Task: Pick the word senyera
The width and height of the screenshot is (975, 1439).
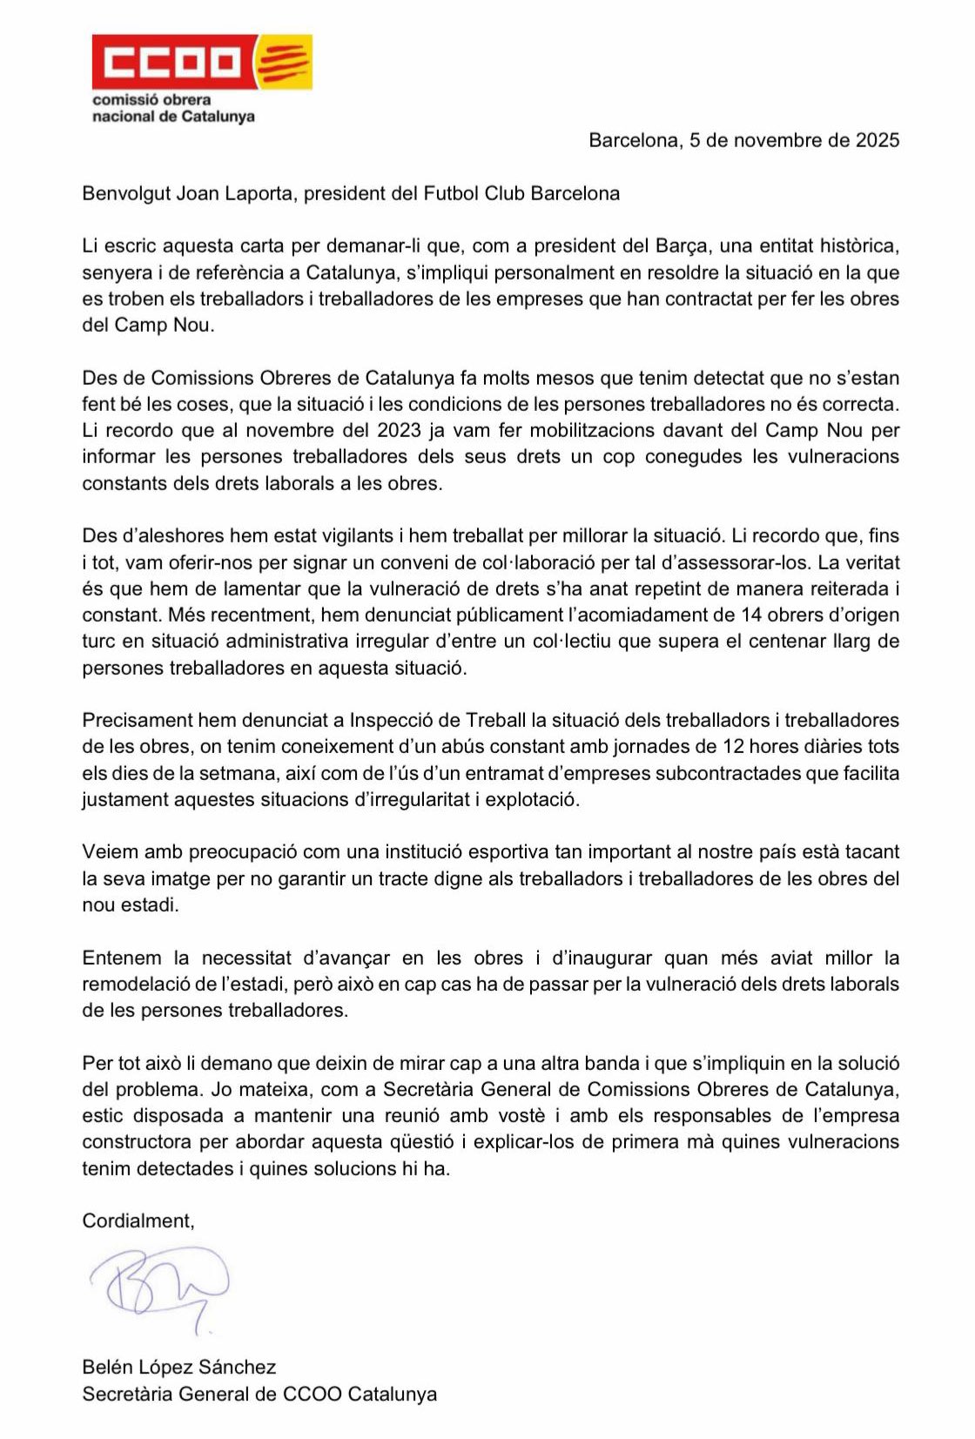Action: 117,272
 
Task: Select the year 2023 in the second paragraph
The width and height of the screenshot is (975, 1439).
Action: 400,430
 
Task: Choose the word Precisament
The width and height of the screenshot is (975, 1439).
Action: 137,720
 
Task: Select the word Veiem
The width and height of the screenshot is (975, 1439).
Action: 110,851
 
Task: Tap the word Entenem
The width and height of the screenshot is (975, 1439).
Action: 122,958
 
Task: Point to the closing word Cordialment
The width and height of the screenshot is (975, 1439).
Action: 138,1220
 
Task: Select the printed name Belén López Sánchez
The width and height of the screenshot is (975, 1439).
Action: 178,1367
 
